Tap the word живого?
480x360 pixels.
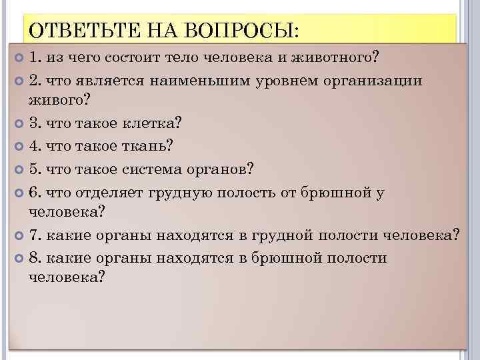click(59, 101)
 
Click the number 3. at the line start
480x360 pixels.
click(35, 123)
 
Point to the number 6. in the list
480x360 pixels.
click(35, 191)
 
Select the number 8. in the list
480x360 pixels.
click(35, 258)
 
